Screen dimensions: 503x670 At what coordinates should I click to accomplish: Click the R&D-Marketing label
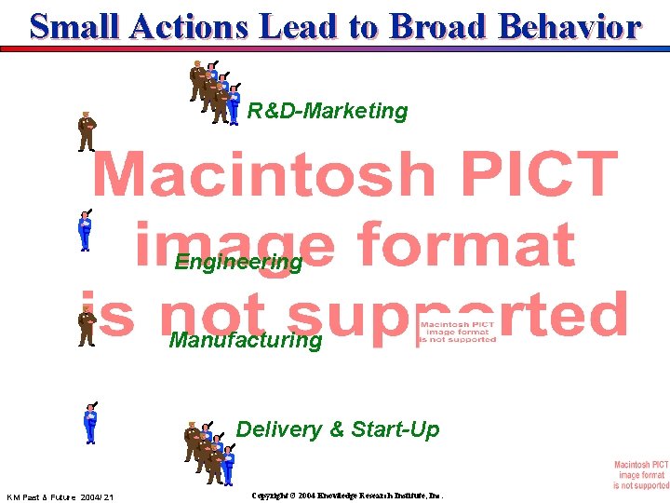coord(327,112)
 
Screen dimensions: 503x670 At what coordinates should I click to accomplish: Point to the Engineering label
coord(238,263)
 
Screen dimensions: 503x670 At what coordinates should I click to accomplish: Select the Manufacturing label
coord(246,340)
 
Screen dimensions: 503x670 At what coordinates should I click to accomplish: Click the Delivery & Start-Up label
coord(337,429)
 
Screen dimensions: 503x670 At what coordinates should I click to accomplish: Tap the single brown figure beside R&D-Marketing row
coord(87,131)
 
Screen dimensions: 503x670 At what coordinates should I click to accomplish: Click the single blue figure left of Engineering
coord(85,230)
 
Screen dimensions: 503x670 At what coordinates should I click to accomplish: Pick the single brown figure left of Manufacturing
coord(87,326)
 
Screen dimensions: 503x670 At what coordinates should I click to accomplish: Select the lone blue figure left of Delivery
coord(89,423)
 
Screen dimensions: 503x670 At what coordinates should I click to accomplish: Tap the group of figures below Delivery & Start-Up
coord(208,453)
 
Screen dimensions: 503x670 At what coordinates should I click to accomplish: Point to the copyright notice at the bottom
coord(347,496)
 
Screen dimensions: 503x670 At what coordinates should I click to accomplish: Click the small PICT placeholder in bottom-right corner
coord(640,475)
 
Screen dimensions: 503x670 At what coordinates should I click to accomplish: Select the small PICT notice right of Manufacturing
coord(456,333)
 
